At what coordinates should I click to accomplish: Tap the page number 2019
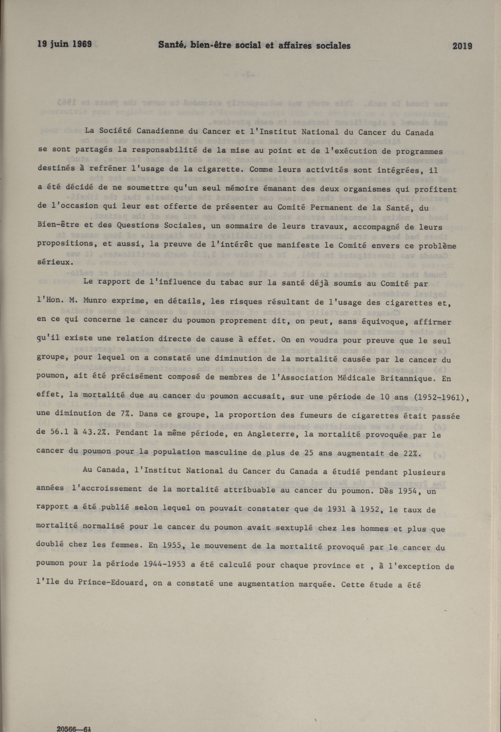coord(462,46)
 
